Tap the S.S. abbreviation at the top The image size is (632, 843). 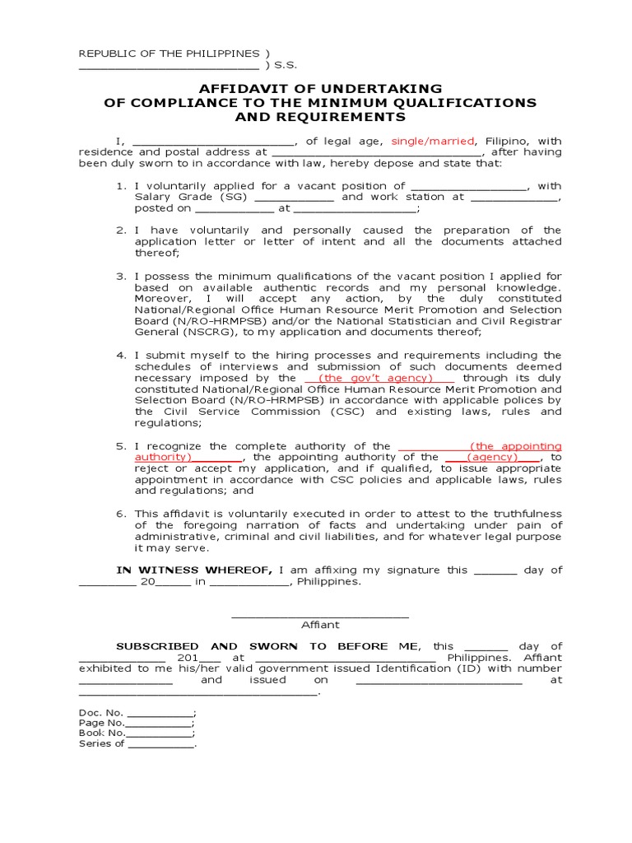pos(285,65)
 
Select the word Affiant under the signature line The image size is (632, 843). pos(320,625)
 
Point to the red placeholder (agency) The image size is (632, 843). pos(493,457)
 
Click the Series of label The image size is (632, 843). pos(101,743)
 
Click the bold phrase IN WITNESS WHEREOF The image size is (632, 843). pos(194,570)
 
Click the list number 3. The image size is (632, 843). pos(120,276)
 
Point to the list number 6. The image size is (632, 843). pos(120,514)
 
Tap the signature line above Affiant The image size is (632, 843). pos(320,614)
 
